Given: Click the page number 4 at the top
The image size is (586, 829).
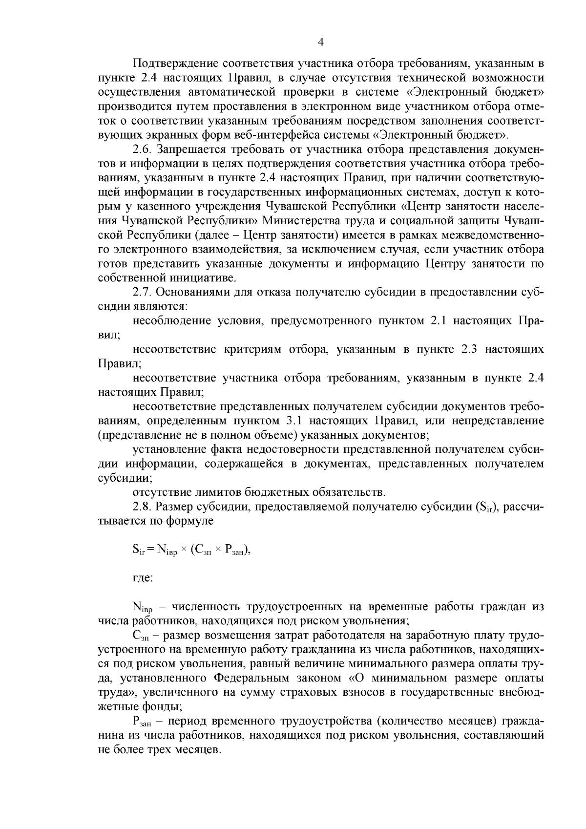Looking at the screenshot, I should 321,42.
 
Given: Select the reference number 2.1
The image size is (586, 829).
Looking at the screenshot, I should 439,321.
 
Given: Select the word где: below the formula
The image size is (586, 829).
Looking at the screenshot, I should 143,578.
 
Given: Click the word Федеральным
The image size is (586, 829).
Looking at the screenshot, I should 253,678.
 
